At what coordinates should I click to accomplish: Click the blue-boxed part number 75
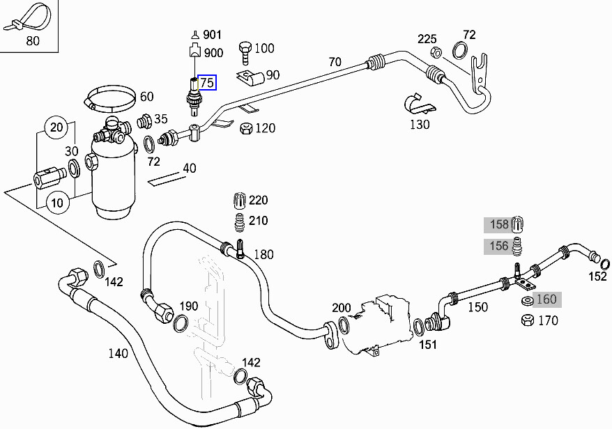click(207, 83)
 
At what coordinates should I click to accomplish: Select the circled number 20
click(56, 127)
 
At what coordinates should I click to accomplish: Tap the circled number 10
click(56, 203)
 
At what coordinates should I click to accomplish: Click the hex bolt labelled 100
click(245, 50)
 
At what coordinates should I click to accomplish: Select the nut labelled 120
click(245, 128)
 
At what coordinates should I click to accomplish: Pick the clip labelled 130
click(418, 104)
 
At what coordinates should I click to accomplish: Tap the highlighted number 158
click(499, 224)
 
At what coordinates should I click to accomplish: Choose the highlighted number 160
click(546, 299)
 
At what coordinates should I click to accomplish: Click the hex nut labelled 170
click(527, 320)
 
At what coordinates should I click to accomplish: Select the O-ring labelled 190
click(180, 323)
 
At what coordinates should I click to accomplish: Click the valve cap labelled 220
click(238, 201)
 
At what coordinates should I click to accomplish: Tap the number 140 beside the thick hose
click(118, 353)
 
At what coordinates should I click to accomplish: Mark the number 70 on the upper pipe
click(335, 62)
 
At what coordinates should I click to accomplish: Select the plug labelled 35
click(146, 122)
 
